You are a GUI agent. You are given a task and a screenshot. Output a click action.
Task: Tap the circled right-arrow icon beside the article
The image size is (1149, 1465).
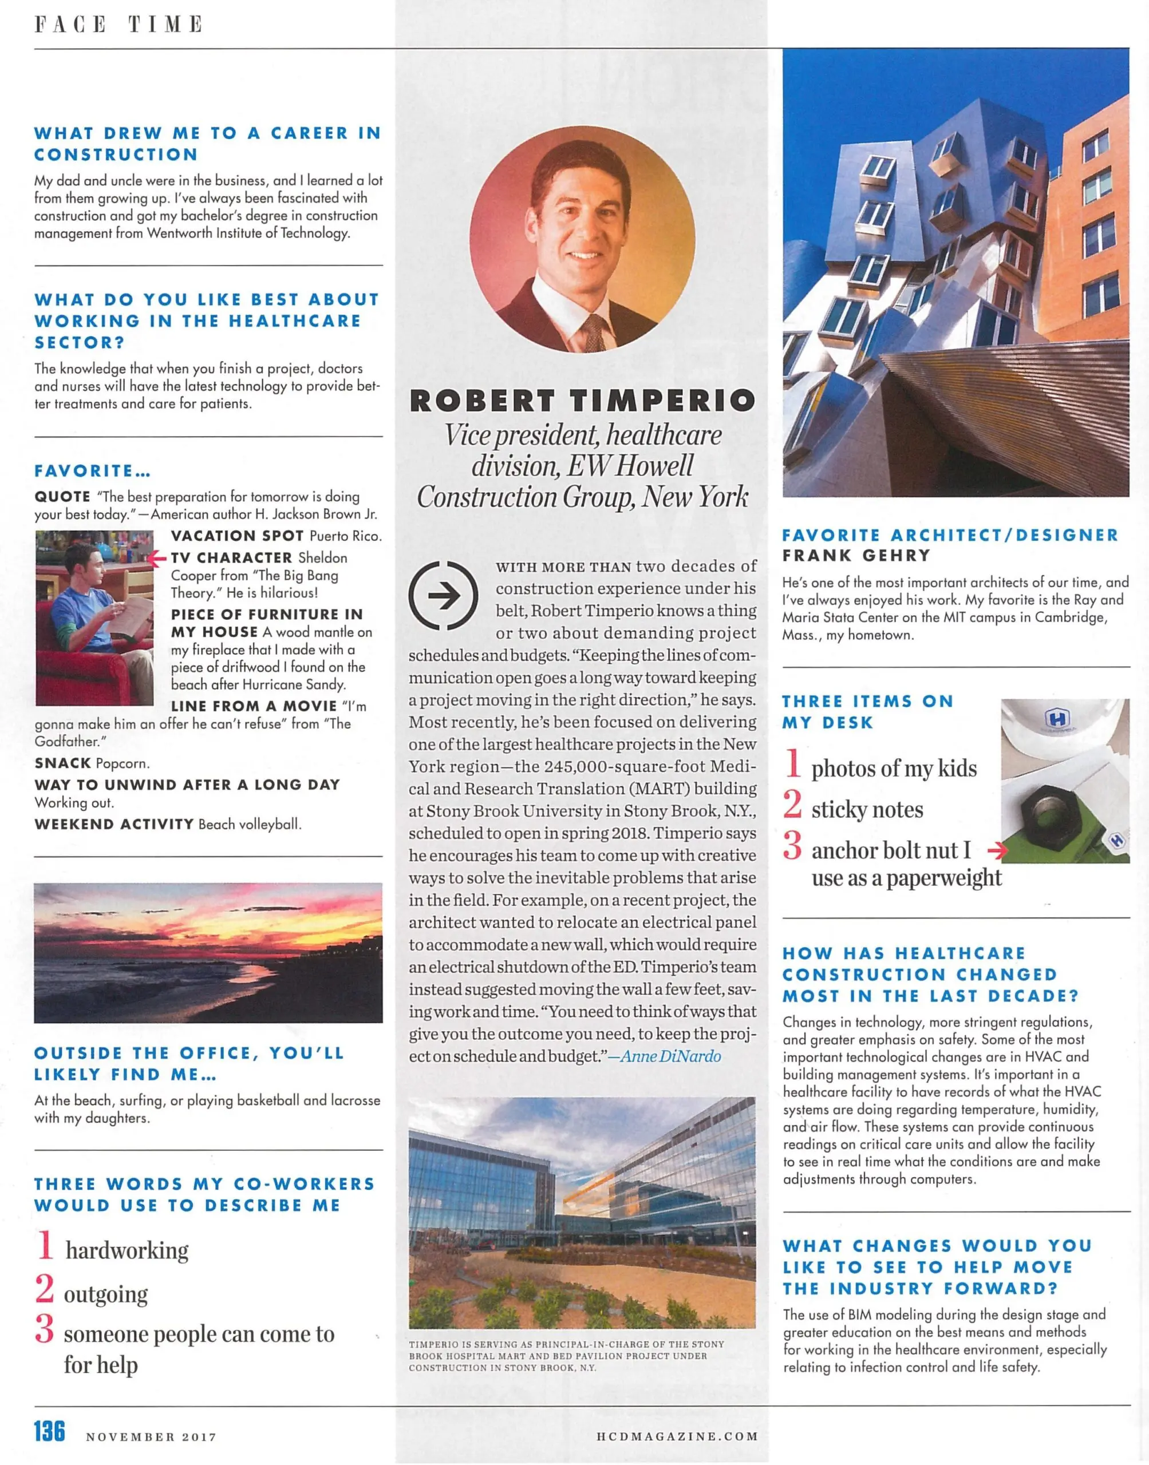(443, 596)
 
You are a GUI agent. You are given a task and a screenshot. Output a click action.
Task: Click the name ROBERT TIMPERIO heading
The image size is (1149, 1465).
(583, 401)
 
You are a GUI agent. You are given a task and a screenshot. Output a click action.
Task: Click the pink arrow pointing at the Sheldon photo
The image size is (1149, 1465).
(157, 558)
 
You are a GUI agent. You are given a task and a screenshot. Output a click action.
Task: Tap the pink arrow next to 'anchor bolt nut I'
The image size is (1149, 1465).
(997, 851)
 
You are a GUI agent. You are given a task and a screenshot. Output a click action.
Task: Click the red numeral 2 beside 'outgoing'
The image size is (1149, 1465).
(45, 1288)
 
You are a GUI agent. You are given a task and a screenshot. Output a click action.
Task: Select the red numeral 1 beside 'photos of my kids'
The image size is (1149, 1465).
(793, 764)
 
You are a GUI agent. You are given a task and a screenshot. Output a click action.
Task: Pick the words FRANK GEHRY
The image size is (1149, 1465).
(856, 555)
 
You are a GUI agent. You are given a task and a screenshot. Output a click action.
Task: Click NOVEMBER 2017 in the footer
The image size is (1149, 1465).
(151, 1438)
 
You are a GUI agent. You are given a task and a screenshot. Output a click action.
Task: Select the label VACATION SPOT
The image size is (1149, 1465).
(237, 536)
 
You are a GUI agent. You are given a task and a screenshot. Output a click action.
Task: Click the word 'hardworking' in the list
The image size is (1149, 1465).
(127, 1250)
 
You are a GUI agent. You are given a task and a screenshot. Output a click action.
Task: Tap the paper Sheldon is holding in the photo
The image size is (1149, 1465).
(132, 615)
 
